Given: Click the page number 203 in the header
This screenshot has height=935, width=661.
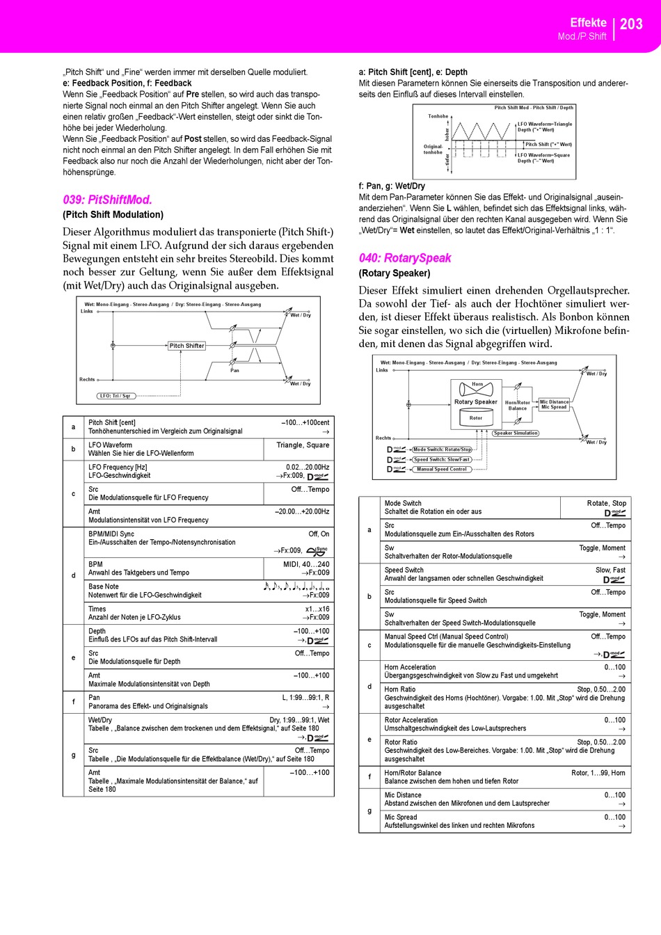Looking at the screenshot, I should point(631,24).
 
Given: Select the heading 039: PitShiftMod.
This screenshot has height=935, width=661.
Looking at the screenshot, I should point(107,200).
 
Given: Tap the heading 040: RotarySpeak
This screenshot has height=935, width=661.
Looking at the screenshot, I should point(405,258).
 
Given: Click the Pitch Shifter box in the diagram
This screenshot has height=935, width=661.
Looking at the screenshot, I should point(186,346).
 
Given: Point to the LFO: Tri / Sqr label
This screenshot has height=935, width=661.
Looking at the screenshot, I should point(115,396).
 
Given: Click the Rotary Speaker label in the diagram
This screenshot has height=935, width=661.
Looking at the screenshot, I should point(476,402).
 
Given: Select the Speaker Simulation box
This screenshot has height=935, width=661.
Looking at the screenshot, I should point(516,433).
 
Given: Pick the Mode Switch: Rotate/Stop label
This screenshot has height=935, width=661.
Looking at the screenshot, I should point(443,449).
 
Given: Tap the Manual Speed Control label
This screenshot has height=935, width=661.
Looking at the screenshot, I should point(442,470).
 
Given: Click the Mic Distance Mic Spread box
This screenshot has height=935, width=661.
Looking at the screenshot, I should point(554,404).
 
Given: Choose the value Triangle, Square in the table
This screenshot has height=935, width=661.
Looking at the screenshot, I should point(303,445).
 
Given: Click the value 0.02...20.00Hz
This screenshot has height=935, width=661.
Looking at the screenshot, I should point(308,467).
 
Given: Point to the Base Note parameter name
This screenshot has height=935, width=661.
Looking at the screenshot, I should point(104,586).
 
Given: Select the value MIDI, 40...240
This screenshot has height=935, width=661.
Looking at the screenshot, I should point(306,564).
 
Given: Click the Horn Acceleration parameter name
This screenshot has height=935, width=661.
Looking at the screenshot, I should point(411,667).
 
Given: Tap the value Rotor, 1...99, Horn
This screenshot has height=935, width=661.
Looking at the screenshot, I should point(598,773).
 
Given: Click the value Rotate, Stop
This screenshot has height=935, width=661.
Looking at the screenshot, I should point(606,503).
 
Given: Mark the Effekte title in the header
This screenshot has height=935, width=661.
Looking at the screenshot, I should point(588,22).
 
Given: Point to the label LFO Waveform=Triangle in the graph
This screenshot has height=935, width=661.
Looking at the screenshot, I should point(545,124).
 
